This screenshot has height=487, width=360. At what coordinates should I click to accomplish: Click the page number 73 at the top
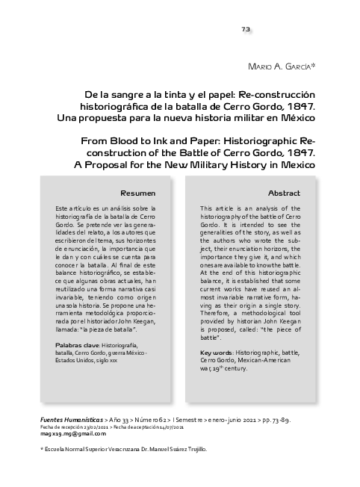coord(245,29)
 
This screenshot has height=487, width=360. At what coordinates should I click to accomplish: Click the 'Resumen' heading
coord(137,192)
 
